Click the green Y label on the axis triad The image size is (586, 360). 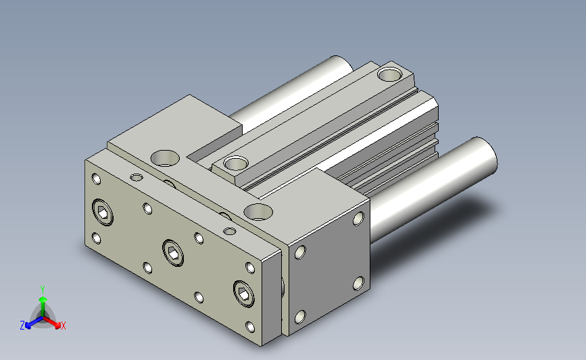(43, 290)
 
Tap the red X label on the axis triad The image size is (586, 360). (63, 326)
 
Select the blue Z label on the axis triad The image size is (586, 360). (22, 326)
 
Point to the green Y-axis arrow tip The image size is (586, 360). (43, 299)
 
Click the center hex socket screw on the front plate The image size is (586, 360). (173, 253)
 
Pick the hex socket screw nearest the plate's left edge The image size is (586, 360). (103, 212)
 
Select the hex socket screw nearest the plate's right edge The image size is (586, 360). (244, 294)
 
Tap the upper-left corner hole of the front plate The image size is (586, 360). (97, 179)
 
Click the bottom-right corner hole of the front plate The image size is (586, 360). (250, 327)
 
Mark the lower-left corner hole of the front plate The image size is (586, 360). (97, 238)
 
